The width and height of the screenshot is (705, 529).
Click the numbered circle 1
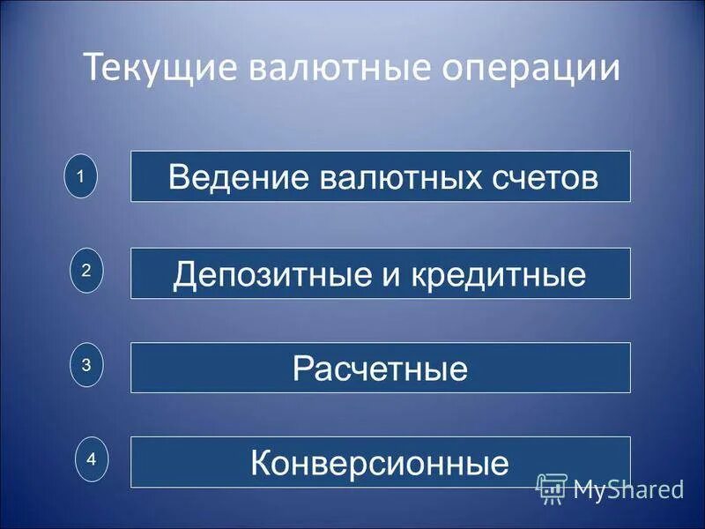(80, 176)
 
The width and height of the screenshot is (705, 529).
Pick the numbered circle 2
(86, 272)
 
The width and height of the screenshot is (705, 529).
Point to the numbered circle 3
(86, 364)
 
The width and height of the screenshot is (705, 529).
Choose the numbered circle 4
(91, 459)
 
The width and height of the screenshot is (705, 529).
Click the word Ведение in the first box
(225, 177)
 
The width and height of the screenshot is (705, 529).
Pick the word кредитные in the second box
(494, 274)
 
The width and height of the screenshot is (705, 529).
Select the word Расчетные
(380, 369)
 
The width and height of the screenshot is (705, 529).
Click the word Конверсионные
(380, 463)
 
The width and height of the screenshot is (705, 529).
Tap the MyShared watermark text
(627, 488)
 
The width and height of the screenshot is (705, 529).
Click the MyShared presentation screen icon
(551, 488)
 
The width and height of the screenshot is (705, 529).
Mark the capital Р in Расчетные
(301, 368)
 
